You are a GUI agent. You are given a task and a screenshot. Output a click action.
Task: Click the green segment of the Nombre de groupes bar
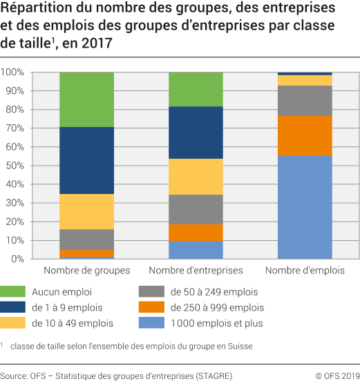point(86,99)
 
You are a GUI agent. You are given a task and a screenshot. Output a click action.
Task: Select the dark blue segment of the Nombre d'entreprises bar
point(196,132)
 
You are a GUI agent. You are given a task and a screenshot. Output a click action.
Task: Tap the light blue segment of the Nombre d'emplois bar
point(305,206)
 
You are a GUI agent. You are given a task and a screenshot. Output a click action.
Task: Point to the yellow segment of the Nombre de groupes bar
point(86,211)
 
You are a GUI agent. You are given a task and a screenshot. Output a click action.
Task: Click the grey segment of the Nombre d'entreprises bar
point(196,209)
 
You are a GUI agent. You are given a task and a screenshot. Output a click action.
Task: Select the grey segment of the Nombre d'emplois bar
point(305,100)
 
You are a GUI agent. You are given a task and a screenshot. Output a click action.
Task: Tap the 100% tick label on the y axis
point(12,72)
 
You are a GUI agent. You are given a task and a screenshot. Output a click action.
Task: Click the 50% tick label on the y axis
point(15,166)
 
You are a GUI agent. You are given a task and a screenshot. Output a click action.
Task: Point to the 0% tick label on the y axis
point(17,259)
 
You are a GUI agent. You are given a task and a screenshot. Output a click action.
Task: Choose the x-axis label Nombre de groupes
point(86,271)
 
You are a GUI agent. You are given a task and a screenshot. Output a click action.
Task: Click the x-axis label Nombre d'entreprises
point(196,271)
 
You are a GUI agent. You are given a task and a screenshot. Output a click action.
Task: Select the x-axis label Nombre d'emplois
point(305,271)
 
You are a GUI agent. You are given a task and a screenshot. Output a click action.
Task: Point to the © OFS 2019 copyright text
point(334,375)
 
